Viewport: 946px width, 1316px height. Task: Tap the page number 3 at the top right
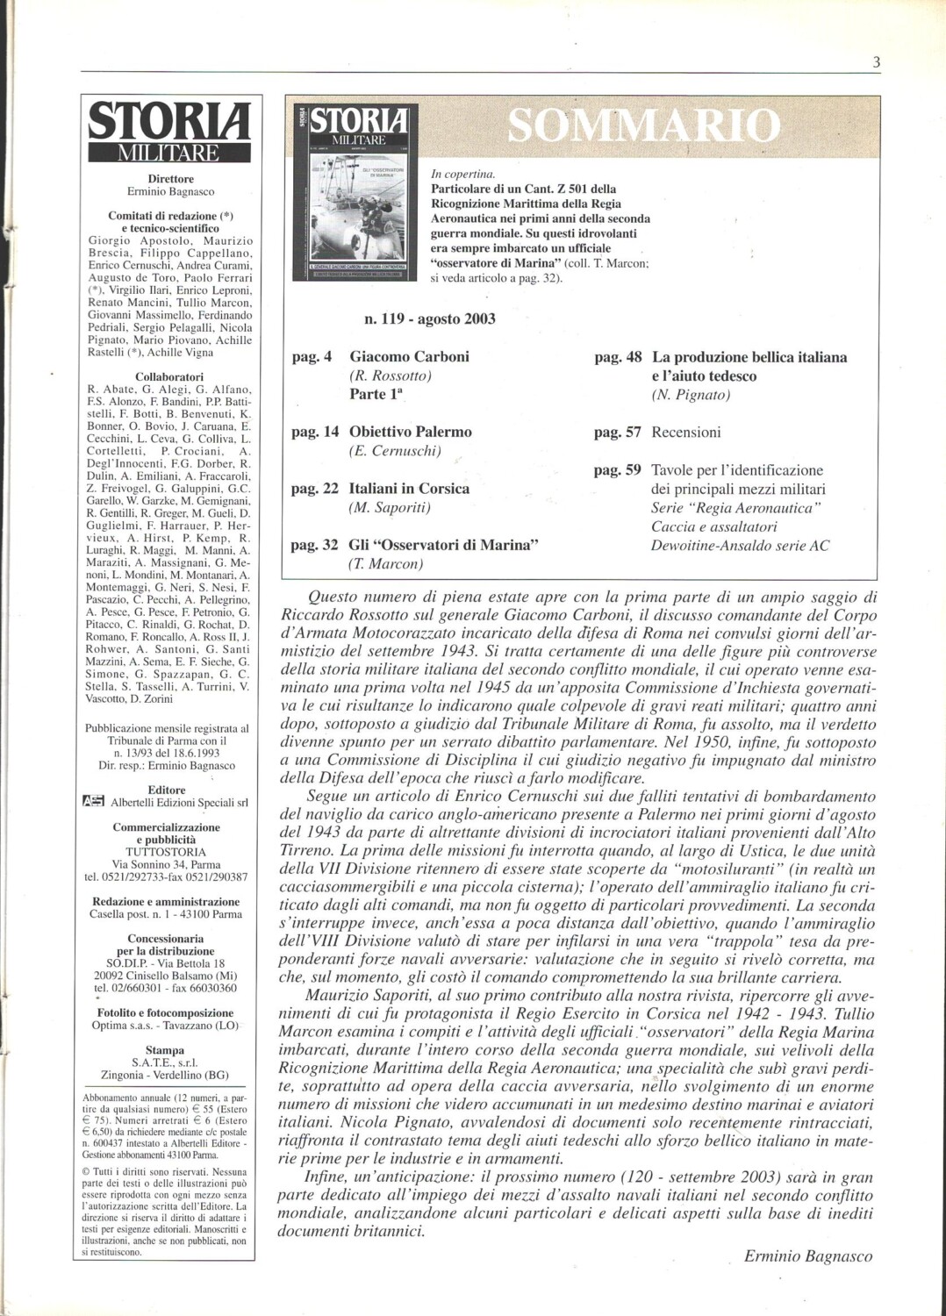pyautogui.click(x=876, y=61)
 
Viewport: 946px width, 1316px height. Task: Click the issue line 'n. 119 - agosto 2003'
pyautogui.click(x=429, y=318)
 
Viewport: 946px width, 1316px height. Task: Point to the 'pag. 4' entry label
pyautogui.click(x=312, y=357)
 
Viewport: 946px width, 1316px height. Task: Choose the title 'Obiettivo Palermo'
pyautogui.click(x=410, y=432)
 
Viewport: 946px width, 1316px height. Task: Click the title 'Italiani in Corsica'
pyautogui.click(x=409, y=489)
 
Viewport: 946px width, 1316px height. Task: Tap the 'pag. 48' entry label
pyautogui.click(x=618, y=357)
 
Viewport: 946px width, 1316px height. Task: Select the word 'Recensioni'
pyautogui.click(x=685, y=432)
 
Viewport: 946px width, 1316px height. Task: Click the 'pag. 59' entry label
pyautogui.click(x=618, y=470)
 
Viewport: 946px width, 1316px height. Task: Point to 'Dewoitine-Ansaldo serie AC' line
pyautogui.click(x=740, y=546)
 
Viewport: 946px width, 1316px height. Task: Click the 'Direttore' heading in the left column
pyautogui.click(x=171, y=179)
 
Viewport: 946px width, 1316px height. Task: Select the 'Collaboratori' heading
pyautogui.click(x=169, y=376)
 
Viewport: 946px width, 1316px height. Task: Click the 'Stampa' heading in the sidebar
pyautogui.click(x=165, y=1050)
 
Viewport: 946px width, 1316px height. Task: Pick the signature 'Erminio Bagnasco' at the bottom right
pyautogui.click(x=808, y=1256)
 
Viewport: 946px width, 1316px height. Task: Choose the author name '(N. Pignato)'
pyautogui.click(x=691, y=395)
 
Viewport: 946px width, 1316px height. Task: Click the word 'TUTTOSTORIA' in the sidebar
pyautogui.click(x=165, y=852)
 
